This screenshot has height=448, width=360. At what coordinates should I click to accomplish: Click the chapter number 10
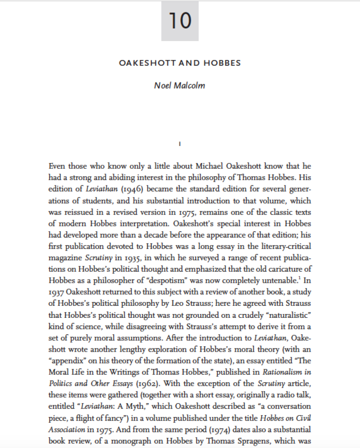180,21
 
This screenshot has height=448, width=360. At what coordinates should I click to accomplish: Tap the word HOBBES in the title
222,63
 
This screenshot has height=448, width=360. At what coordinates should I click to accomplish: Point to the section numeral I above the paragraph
180,144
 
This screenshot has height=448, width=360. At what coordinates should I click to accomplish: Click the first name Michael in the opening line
210,166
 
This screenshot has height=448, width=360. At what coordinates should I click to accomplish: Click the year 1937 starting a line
56,292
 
